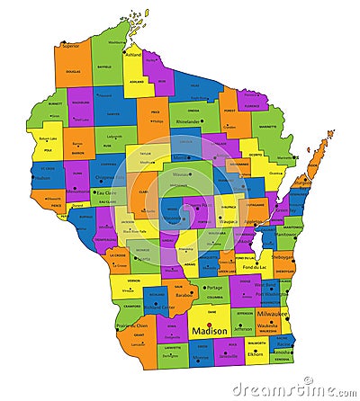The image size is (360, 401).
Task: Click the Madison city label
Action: [x=211, y=331]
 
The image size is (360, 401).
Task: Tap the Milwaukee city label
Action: [x=272, y=313]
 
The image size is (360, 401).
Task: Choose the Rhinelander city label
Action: [x=188, y=120]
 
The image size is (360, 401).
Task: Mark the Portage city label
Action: [x=213, y=288]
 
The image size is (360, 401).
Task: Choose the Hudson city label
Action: [x=42, y=177]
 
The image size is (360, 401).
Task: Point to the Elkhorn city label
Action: [x=256, y=354]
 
